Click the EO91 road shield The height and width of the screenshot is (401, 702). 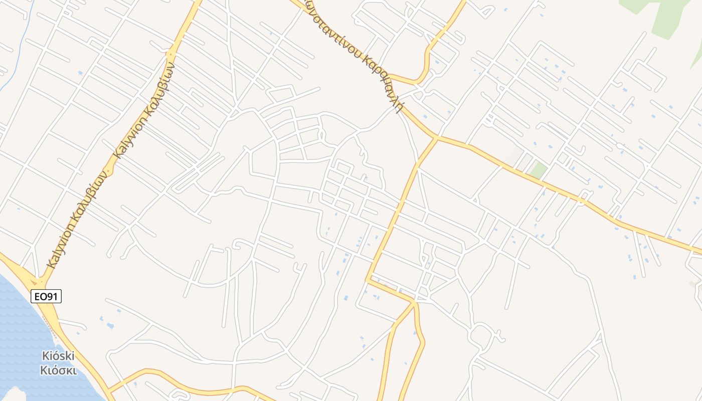46,297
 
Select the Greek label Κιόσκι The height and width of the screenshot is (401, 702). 58,371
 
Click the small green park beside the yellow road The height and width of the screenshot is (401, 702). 539,170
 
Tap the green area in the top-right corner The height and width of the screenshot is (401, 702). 667,15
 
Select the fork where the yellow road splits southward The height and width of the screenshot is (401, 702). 415,302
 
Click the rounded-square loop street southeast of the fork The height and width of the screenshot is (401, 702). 481,335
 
